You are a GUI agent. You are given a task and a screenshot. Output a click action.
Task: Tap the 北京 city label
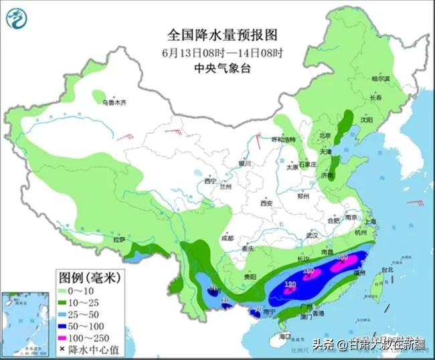coord(325,135)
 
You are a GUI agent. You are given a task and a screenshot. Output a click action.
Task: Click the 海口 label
coord(286,336)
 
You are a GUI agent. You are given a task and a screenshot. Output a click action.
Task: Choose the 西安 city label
coord(268,202)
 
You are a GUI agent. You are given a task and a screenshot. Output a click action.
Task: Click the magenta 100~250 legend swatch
coord(65,338)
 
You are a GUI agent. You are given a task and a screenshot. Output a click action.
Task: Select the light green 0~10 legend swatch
coord(65,291)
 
